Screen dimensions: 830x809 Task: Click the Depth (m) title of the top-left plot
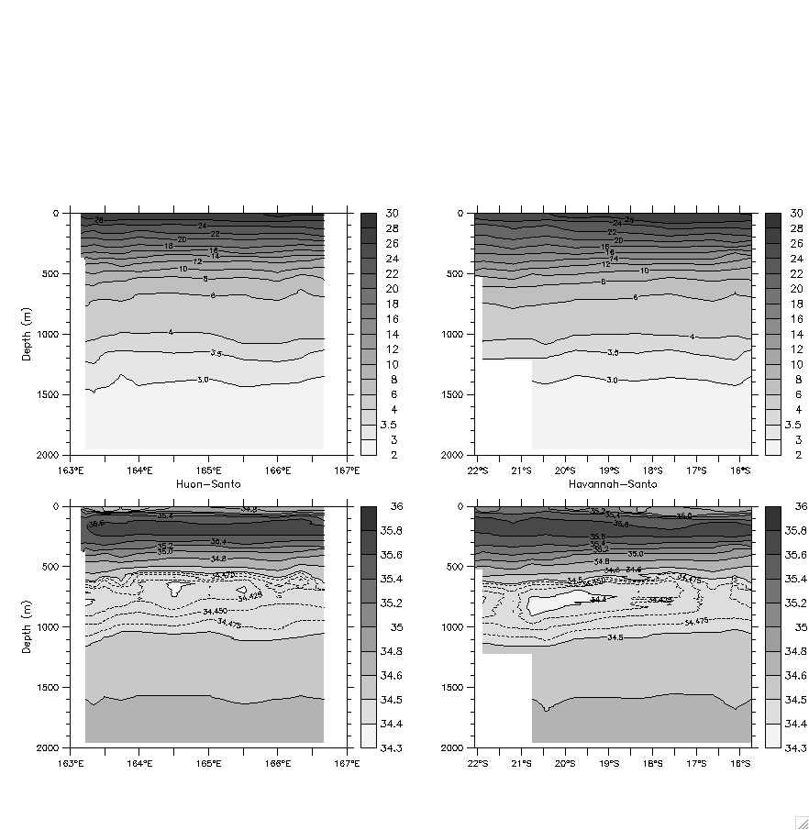click(27, 333)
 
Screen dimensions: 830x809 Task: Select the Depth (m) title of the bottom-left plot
click(27, 626)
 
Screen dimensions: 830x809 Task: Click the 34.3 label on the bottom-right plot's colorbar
click(794, 748)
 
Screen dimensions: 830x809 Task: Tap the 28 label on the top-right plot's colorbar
click(795, 228)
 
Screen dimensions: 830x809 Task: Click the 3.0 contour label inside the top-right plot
click(612, 380)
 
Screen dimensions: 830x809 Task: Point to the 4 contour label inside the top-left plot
click(171, 332)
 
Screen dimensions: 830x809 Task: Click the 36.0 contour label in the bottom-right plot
click(684, 516)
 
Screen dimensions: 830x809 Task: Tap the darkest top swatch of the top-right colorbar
click(772, 221)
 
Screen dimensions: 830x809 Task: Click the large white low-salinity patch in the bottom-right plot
click(560, 603)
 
